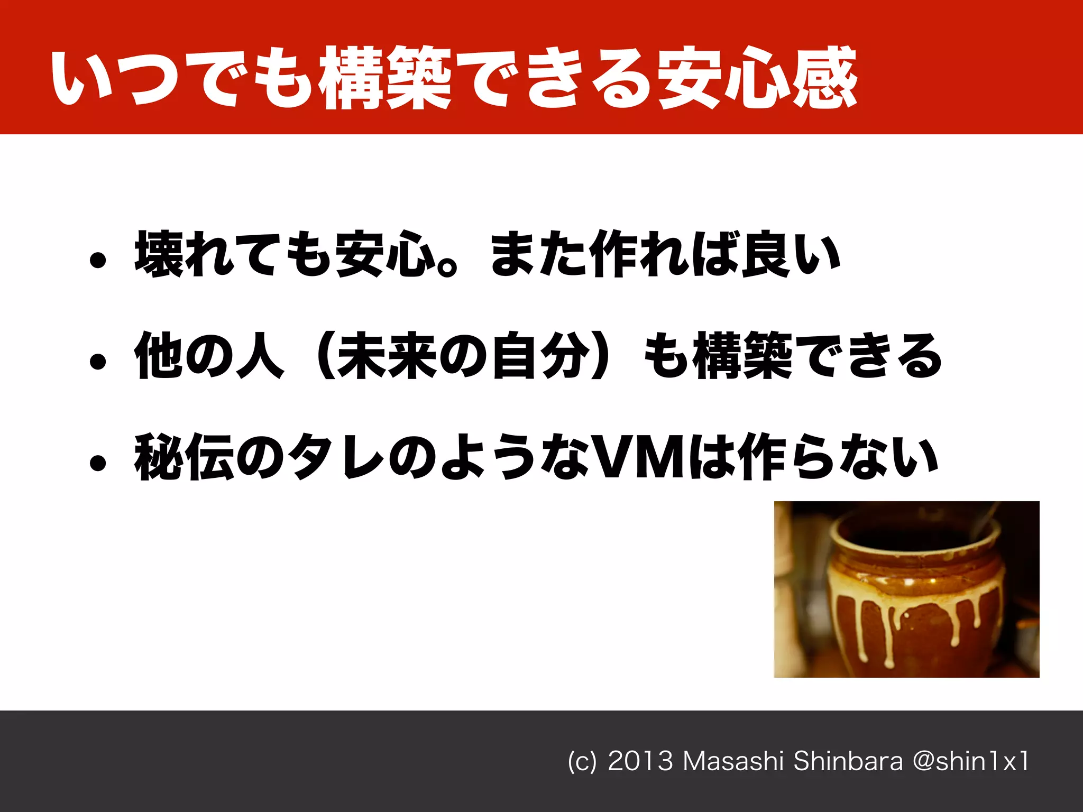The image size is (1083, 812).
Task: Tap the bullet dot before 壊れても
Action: click(98, 260)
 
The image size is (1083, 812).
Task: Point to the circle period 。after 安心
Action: click(448, 267)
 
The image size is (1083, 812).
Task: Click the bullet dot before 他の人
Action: click(98, 362)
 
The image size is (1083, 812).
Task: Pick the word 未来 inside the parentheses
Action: click(386, 355)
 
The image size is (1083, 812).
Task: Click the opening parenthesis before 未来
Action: click(324, 355)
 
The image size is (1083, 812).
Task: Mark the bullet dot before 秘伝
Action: click(98, 463)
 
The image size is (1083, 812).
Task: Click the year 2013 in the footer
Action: click(640, 762)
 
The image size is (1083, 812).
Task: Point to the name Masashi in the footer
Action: click(733, 762)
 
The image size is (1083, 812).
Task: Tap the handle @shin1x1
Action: click(971, 762)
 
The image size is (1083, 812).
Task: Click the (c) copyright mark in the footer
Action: click(582, 762)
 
